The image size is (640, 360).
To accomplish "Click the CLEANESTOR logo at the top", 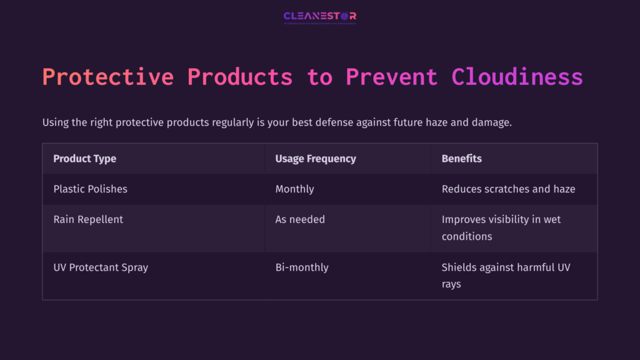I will click(319, 16).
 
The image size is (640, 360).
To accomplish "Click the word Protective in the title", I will click(108, 77).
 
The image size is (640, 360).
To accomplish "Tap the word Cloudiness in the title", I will click(517, 77).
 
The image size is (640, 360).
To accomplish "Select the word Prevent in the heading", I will click(392, 77).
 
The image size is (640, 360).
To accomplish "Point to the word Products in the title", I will click(240, 77).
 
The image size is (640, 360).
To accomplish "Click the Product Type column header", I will click(84, 159).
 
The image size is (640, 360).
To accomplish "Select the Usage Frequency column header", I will click(316, 159).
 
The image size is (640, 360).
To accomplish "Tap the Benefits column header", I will click(461, 159).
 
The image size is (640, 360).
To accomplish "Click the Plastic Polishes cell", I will click(90, 189).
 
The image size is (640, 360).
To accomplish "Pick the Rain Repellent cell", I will click(88, 219).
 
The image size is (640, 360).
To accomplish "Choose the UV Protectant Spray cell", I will click(101, 267).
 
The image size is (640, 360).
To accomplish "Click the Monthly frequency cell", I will click(294, 189).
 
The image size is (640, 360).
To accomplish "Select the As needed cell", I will click(300, 219).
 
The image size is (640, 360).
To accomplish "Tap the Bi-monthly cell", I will click(302, 267).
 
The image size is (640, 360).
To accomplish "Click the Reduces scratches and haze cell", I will click(508, 189).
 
